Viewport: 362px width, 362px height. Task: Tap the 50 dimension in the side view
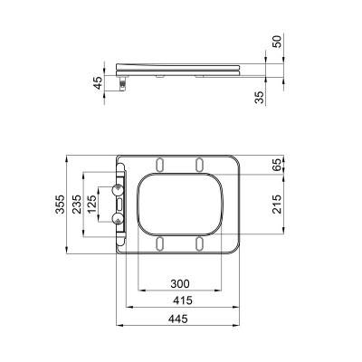pos(277,43)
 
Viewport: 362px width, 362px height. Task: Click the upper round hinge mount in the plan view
pos(117,188)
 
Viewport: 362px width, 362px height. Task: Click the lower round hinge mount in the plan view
pos(117,220)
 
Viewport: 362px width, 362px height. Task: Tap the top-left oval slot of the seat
pos(160,163)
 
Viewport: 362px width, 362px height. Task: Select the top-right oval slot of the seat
pos(197,163)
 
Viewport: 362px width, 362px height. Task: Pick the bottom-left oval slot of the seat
pos(160,243)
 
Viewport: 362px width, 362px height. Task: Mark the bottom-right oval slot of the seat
pos(197,243)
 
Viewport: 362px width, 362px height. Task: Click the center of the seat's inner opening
pos(179,204)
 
